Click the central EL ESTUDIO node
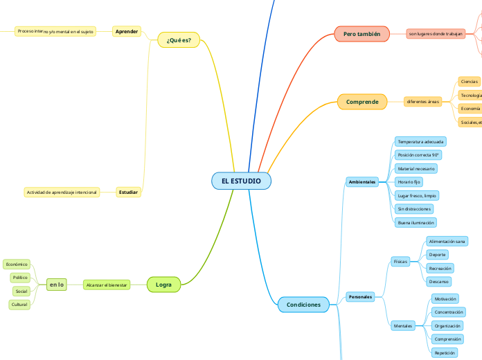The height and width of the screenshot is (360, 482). pyautogui.click(x=241, y=181)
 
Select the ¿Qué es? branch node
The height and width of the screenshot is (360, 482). pyautogui.click(x=179, y=40)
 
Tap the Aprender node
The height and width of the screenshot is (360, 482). pyautogui.click(x=127, y=31)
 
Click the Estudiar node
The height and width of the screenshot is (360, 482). pyautogui.click(x=128, y=192)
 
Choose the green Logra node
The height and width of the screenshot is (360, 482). pyautogui.click(x=164, y=285)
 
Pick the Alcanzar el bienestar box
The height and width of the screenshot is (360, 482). pyautogui.click(x=107, y=285)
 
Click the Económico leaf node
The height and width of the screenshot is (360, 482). pyautogui.click(x=17, y=264)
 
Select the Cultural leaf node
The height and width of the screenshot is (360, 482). pyautogui.click(x=19, y=305)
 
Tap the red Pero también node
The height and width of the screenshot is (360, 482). pyautogui.click(x=362, y=34)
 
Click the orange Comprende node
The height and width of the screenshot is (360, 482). pyautogui.click(x=362, y=102)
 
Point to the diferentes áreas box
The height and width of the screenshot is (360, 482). pyautogui.click(x=423, y=102)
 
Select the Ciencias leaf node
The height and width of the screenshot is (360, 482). pyautogui.click(x=470, y=82)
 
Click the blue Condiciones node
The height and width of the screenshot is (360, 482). pyautogui.click(x=303, y=305)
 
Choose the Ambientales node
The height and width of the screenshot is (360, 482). pyautogui.click(x=362, y=181)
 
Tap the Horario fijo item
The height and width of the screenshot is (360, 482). pyautogui.click(x=409, y=181)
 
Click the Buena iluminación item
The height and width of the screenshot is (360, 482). pyautogui.click(x=416, y=223)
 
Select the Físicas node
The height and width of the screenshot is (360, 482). pyautogui.click(x=400, y=262)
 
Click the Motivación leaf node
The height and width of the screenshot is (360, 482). pyautogui.click(x=445, y=298)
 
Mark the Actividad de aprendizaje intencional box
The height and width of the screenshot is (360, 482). pyautogui.click(x=61, y=192)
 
